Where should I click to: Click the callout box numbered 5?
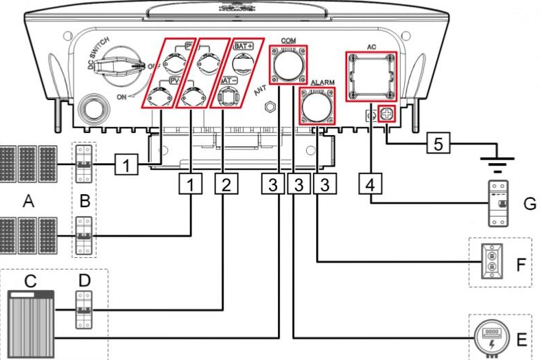point(438,144)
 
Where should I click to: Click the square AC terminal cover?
point(370,75)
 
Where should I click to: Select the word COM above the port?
point(288,40)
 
